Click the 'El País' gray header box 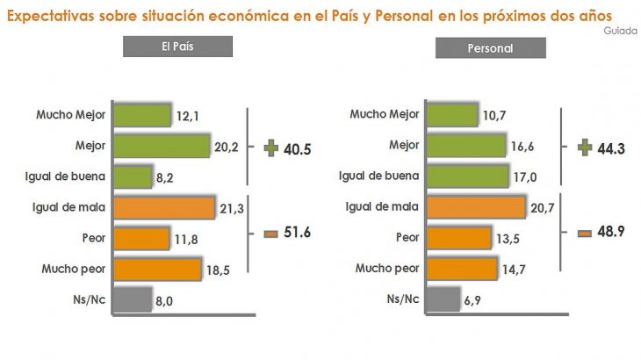point(177,47)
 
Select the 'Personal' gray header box point(490,48)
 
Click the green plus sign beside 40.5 point(270,148)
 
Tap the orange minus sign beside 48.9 point(584,233)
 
